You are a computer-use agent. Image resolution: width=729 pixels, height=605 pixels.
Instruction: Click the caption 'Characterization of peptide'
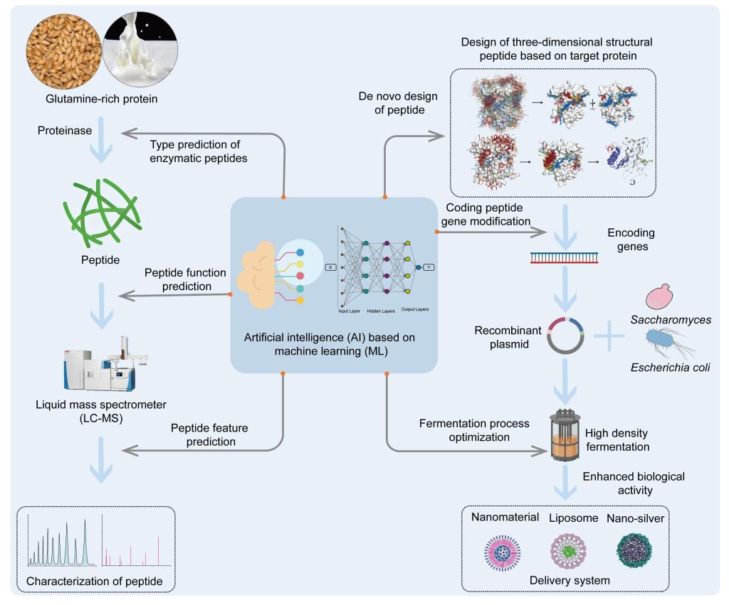point(95,582)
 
